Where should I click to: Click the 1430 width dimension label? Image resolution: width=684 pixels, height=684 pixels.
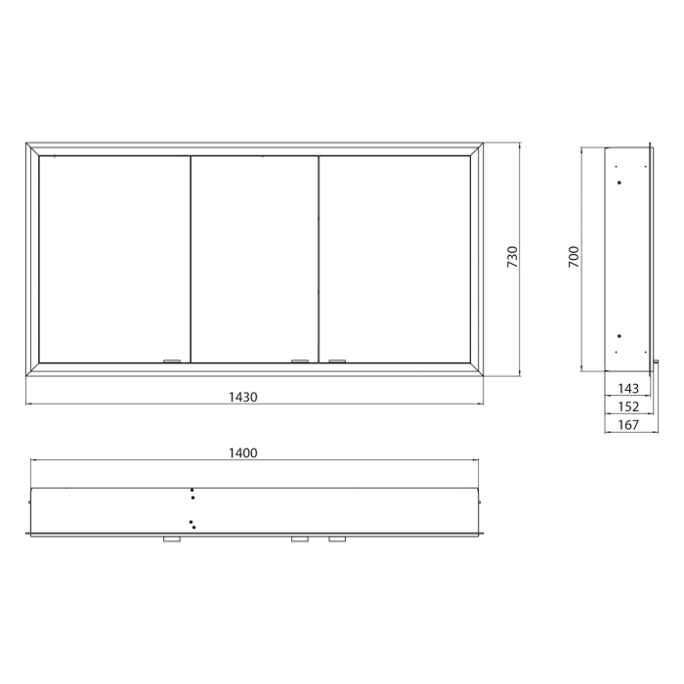pyautogui.click(x=242, y=397)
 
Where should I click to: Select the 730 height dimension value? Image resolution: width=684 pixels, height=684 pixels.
pyautogui.click(x=512, y=259)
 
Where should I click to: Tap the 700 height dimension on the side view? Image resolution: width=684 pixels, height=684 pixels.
pyautogui.click(x=575, y=257)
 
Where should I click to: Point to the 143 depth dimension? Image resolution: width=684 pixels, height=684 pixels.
pyautogui.click(x=628, y=389)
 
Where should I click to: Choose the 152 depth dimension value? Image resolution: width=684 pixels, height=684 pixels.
pyautogui.click(x=628, y=406)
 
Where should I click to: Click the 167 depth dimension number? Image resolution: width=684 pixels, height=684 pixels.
pyautogui.click(x=628, y=425)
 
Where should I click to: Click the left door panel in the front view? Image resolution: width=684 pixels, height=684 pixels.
pyautogui.click(x=113, y=259)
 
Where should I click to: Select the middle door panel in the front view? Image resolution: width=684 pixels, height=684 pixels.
pyautogui.click(x=254, y=259)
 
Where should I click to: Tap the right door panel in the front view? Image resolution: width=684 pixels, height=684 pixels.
pyautogui.click(x=394, y=259)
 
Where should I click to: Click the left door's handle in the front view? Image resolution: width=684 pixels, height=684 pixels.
pyautogui.click(x=172, y=362)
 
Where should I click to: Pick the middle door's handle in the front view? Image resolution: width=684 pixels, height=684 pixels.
pyautogui.click(x=300, y=362)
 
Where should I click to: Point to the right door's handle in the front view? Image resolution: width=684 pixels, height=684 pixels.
pyautogui.click(x=337, y=362)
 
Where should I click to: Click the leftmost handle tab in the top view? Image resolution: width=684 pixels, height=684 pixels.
pyautogui.click(x=172, y=539)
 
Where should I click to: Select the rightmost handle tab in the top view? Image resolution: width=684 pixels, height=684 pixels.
pyautogui.click(x=337, y=539)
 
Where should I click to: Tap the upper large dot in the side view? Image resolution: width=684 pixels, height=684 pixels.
pyautogui.click(x=619, y=182)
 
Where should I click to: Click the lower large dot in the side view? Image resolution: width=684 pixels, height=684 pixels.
pyautogui.click(x=619, y=337)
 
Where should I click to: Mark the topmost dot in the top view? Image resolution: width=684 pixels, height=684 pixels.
pyautogui.click(x=192, y=491)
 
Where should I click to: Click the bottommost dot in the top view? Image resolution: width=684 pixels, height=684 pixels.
pyautogui.click(x=193, y=528)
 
